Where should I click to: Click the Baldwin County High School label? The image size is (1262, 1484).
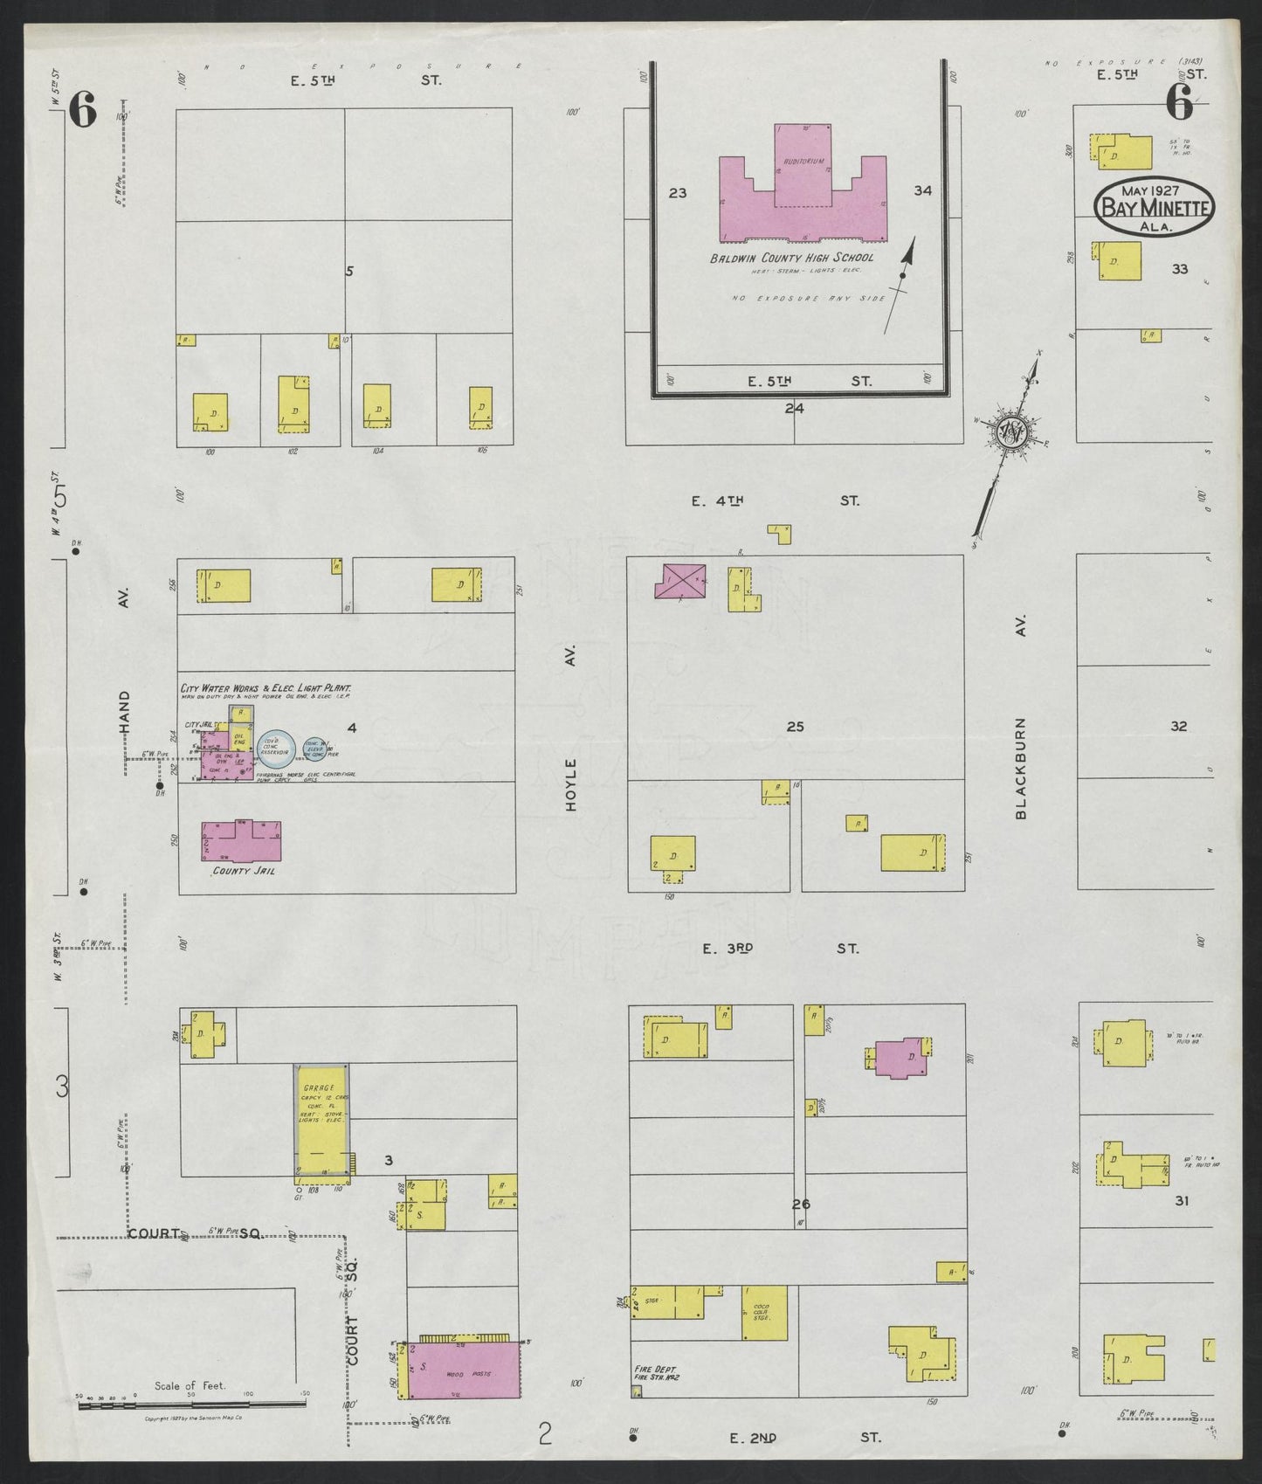[791, 258]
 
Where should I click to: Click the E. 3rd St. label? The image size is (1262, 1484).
[781, 948]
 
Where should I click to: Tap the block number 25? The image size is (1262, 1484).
[795, 727]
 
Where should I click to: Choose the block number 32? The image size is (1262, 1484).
[1179, 726]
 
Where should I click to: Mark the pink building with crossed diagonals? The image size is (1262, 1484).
[680, 581]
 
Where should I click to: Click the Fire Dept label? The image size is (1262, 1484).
[655, 1393]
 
